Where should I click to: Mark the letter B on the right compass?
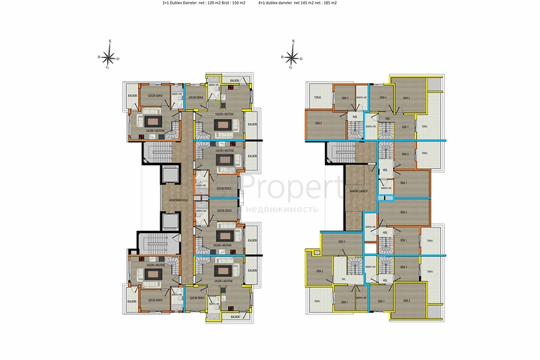pos(280,57)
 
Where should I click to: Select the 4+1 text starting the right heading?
pos(262,4)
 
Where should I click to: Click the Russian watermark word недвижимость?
pos(288,209)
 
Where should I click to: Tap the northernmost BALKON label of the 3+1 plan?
pos(235,79)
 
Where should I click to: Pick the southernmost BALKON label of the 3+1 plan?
pos(235,317)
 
